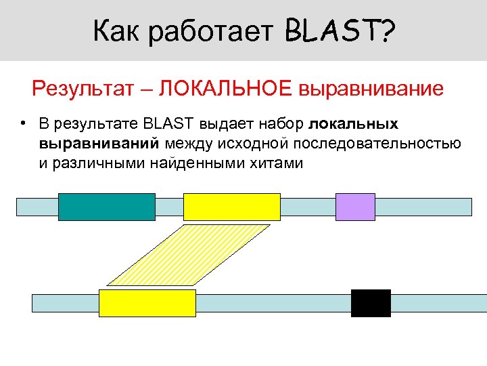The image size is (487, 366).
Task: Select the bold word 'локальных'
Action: click(353, 124)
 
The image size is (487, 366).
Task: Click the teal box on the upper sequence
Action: click(107, 207)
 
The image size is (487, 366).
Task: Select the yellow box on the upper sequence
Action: click(232, 207)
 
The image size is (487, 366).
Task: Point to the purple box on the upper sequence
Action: click(355, 207)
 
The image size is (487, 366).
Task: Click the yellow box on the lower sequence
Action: click(147, 303)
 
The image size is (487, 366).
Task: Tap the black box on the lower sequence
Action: click(371, 303)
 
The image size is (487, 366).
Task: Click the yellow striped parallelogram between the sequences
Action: click(188, 255)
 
